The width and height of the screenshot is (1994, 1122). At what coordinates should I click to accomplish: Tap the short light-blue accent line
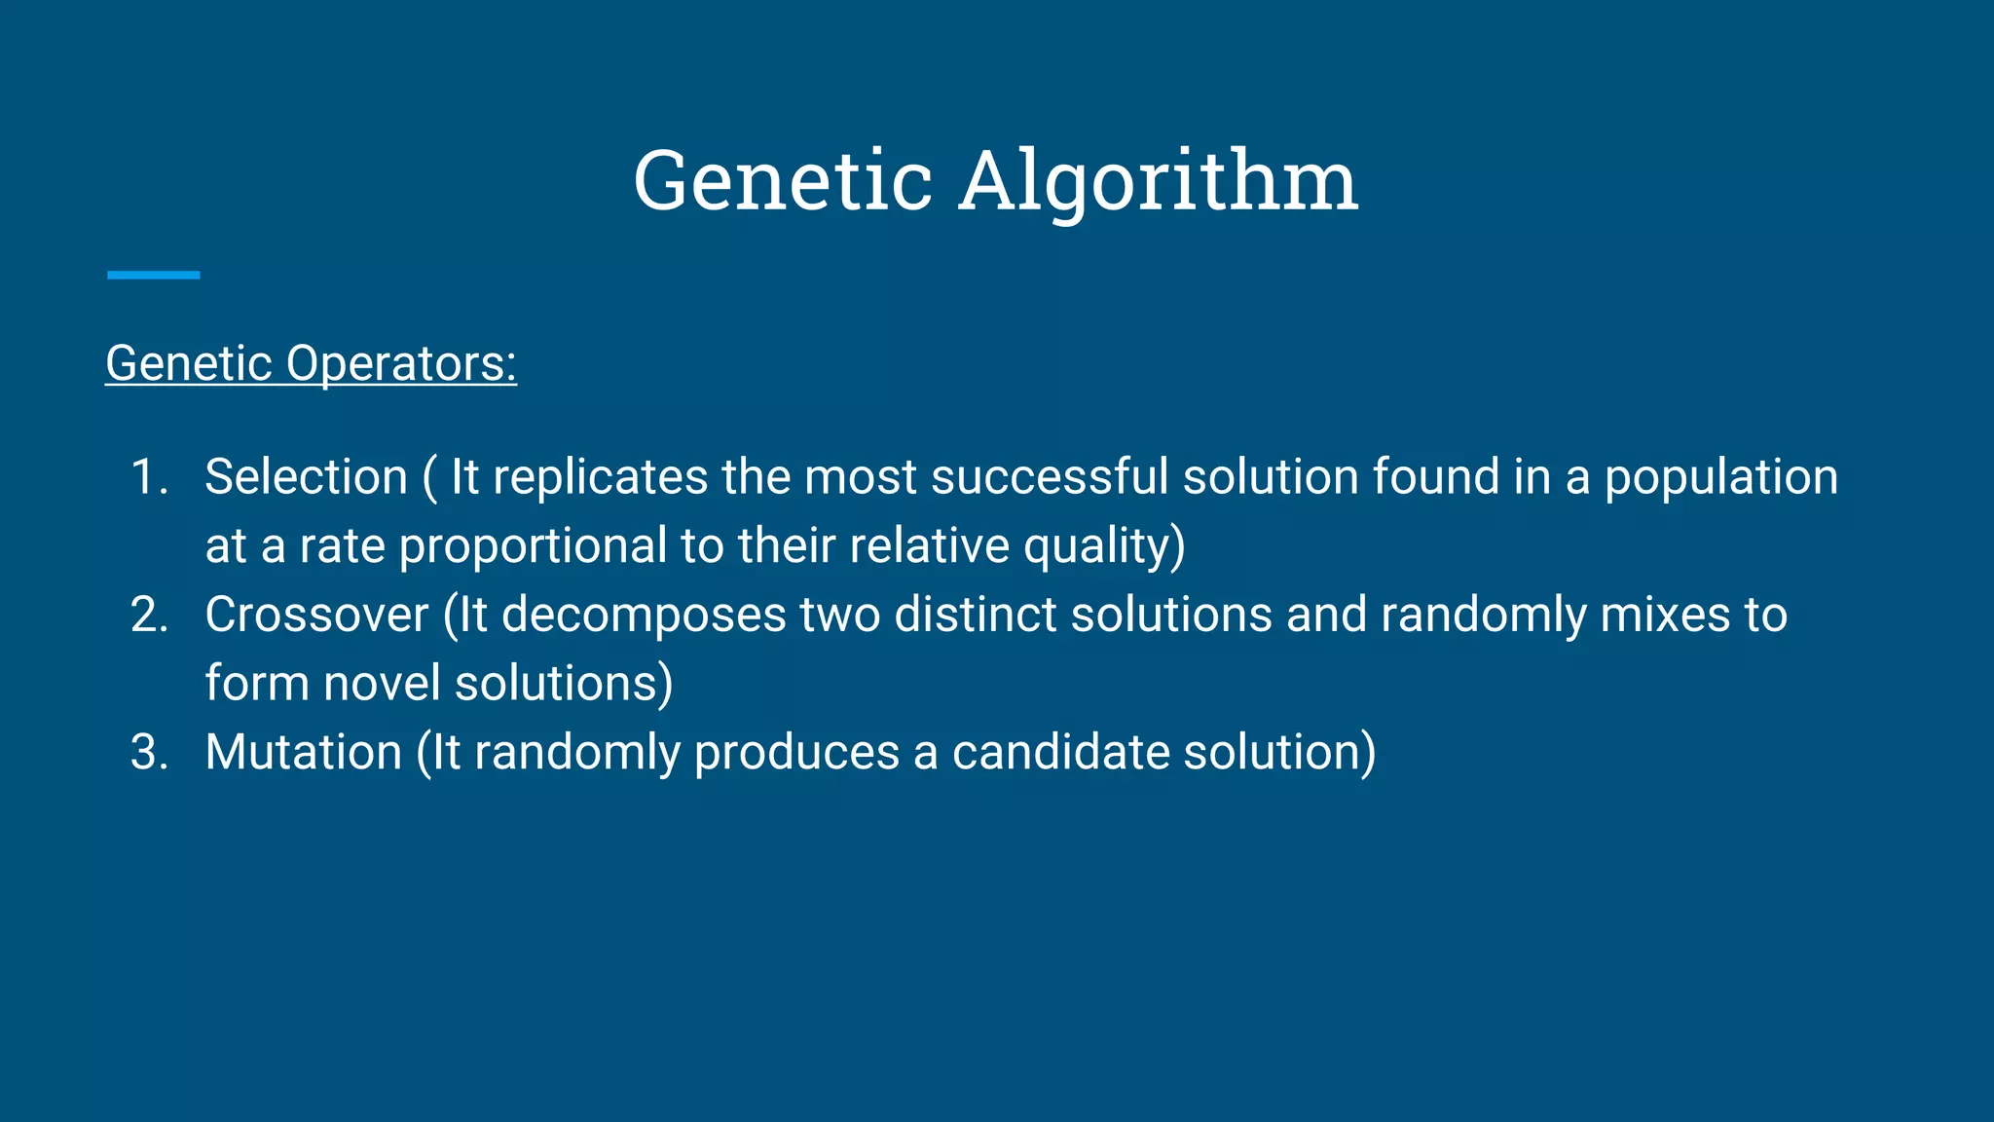(154, 276)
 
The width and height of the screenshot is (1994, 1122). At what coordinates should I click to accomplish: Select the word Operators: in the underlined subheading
(401, 363)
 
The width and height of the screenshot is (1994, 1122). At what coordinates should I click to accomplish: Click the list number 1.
(149, 477)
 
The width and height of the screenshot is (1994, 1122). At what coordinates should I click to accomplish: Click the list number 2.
(149, 615)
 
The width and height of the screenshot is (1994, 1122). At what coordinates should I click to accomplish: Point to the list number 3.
(149, 753)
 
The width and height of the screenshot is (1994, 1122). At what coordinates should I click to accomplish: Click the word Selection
(306, 477)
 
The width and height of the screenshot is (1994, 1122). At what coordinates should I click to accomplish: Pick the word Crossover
(316, 615)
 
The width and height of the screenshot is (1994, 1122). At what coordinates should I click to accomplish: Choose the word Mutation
(304, 753)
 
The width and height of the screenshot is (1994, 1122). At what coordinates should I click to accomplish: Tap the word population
(1720, 477)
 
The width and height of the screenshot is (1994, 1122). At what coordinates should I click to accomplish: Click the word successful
(1049, 477)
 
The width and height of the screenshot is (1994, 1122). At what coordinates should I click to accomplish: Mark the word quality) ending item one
(1104, 545)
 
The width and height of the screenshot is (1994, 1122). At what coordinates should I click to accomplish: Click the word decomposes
(643, 615)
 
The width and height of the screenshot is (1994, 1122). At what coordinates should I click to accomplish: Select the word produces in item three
(796, 753)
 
